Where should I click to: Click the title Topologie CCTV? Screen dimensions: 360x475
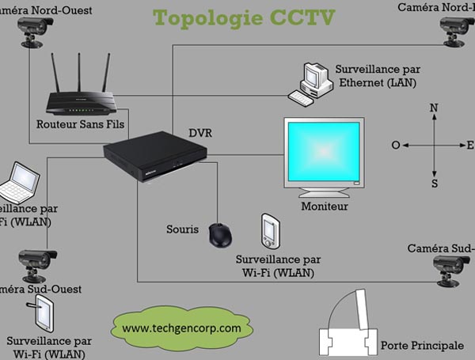point(233,17)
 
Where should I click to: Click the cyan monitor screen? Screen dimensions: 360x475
point(323,153)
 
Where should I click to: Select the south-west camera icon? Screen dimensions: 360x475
point(36,263)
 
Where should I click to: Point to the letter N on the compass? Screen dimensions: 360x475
point(433,108)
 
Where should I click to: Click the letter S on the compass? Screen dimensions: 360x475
point(434,184)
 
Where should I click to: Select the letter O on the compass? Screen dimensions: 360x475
point(396,146)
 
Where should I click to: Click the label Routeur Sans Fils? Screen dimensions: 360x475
point(79,124)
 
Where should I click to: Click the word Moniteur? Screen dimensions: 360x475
point(325,207)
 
